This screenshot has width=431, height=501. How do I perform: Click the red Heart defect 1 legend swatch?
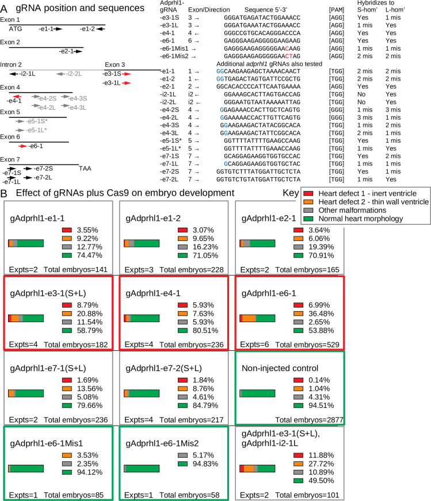tap(308, 191)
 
